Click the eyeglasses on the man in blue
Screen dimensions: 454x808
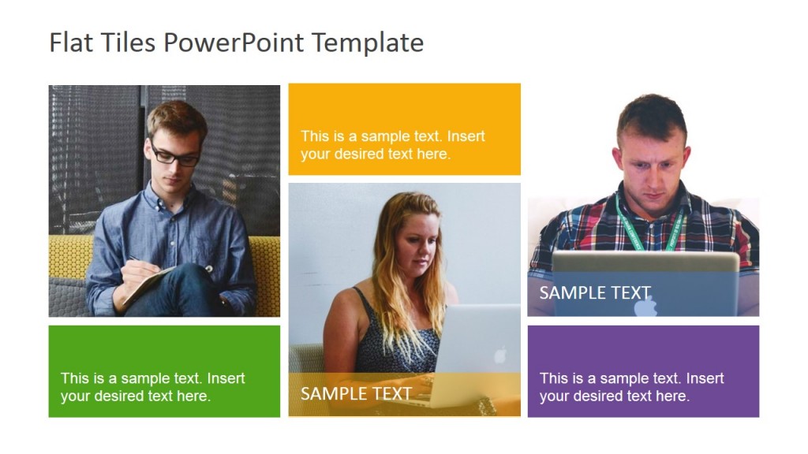tap(175, 155)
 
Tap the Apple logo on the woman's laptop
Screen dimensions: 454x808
tap(499, 355)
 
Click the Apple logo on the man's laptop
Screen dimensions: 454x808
tap(645, 305)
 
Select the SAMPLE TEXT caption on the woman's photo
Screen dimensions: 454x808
tap(356, 393)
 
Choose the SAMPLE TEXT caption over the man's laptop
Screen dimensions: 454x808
tap(594, 293)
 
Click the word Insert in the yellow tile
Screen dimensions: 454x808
tap(466, 136)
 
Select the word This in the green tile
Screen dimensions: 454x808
tap(74, 378)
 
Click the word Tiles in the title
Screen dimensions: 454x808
tap(128, 43)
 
